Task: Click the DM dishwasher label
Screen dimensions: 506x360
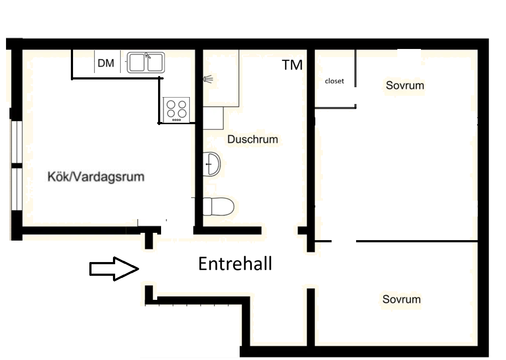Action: (x=106, y=63)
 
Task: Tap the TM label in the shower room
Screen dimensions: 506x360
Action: (x=293, y=65)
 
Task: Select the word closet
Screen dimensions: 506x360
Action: (x=334, y=81)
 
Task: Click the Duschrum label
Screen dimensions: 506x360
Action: (x=253, y=139)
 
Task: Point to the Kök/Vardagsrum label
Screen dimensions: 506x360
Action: (x=96, y=177)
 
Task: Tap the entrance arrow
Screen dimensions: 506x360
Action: (x=114, y=268)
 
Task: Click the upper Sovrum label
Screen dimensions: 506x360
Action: (x=405, y=85)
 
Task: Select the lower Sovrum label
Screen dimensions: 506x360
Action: (x=402, y=299)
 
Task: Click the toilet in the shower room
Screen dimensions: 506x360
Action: (x=218, y=207)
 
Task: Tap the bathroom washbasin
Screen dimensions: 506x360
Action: (x=212, y=164)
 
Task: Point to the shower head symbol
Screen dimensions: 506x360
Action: (x=208, y=79)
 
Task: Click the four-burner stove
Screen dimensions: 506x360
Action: (x=176, y=110)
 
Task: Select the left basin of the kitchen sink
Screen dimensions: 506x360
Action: (x=137, y=62)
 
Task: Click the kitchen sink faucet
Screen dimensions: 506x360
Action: (x=148, y=56)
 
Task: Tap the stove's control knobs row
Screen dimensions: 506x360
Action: (x=177, y=120)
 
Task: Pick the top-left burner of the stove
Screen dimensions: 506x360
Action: (x=171, y=105)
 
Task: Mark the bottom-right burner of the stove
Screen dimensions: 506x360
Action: (x=182, y=113)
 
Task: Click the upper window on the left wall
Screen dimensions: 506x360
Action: (x=16, y=142)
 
